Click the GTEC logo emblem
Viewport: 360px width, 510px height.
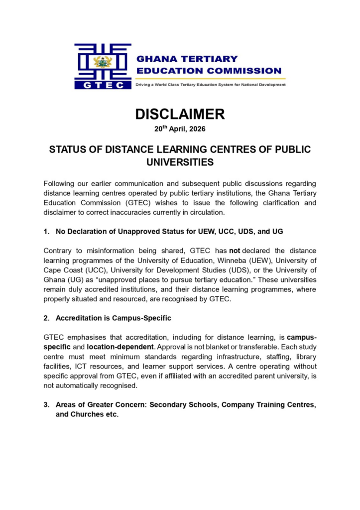click(103, 66)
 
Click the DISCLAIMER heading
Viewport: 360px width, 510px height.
click(180, 114)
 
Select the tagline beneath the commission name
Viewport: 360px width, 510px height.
click(211, 85)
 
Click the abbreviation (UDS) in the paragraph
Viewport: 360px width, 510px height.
click(210, 270)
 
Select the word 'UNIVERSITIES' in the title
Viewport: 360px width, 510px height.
click(180, 162)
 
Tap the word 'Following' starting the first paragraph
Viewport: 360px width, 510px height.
click(61, 183)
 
